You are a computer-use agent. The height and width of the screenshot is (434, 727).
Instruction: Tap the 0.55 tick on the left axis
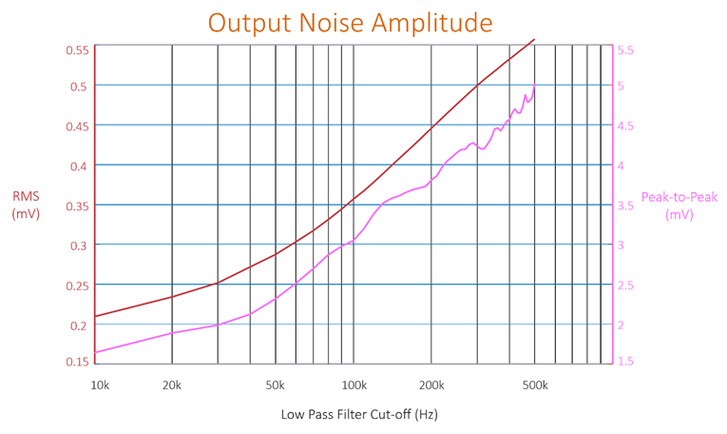pos(77,49)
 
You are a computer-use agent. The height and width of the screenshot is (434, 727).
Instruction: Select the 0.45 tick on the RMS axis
pos(77,127)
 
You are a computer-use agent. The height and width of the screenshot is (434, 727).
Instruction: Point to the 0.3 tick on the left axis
pos(80,246)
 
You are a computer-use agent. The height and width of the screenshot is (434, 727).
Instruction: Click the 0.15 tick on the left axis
pos(77,361)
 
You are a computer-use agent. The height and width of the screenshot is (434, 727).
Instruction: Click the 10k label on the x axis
pos(100,385)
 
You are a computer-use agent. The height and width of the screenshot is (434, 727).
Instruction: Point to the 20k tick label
pos(171,385)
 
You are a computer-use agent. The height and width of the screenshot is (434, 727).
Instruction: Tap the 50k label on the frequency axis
pos(276,385)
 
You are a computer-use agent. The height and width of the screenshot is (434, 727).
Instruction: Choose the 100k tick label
pos(354,385)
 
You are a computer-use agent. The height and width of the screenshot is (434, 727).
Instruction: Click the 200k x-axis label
pos(431,385)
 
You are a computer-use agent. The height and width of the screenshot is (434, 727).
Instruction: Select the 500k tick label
pos(535,385)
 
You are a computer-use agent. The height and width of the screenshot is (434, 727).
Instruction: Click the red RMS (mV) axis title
pos(26,205)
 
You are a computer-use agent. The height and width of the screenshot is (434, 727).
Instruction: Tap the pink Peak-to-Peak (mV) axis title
pos(679,206)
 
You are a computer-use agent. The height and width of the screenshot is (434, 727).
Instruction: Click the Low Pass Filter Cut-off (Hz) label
pos(359,415)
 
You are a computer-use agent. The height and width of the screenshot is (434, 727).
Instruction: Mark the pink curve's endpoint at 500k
pos(535,86)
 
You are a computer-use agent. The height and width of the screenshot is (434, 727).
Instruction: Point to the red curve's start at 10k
pos(96,316)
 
